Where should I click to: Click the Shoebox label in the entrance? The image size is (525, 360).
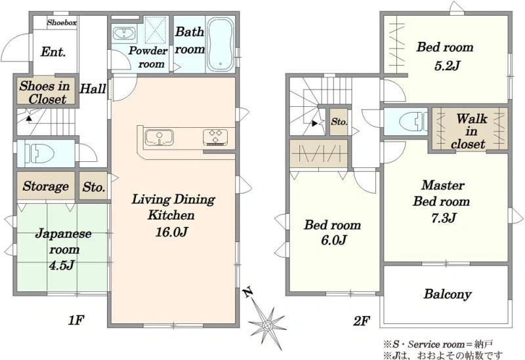62,23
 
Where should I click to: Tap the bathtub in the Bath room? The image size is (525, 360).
220,44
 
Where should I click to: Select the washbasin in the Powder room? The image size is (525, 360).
124,33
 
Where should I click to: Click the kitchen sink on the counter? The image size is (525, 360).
159,138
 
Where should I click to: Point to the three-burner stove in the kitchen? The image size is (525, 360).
215,137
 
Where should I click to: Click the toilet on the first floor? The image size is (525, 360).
39,153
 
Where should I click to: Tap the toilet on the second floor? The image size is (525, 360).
414,121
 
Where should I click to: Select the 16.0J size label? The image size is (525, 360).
171,232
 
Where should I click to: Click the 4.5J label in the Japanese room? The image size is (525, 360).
61,266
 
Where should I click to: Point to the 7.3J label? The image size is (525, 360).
444,218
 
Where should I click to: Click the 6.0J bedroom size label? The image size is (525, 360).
333,240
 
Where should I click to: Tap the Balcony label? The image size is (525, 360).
448,294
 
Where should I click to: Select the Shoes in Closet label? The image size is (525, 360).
45,92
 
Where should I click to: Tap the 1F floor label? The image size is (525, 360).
75,321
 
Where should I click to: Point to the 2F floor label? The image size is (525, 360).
362,321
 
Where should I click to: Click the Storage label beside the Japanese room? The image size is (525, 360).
46,186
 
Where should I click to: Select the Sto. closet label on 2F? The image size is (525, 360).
339,122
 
